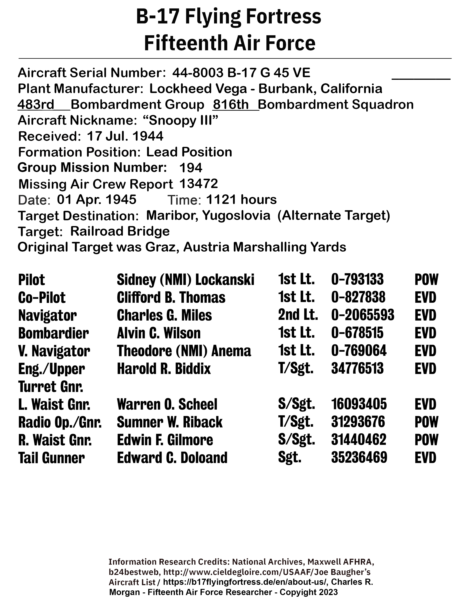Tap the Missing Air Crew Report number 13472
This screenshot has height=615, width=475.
click(x=198, y=184)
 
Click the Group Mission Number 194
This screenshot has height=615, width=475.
click(x=191, y=168)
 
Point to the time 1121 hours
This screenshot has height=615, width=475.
click(x=241, y=200)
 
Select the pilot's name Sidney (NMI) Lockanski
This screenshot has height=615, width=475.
click(x=186, y=280)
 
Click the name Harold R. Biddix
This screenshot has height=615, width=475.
click(x=164, y=369)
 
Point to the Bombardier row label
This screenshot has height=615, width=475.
click(x=53, y=333)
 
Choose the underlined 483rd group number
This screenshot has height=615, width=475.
click(x=36, y=105)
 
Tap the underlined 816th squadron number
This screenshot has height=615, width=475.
click(x=231, y=105)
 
